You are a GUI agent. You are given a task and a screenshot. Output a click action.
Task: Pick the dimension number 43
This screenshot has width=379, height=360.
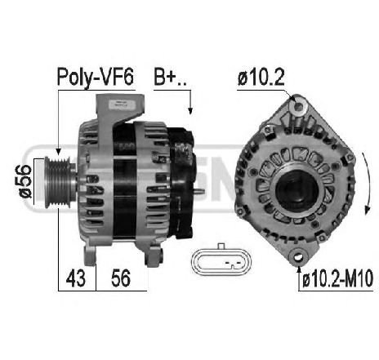point(77,279)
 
